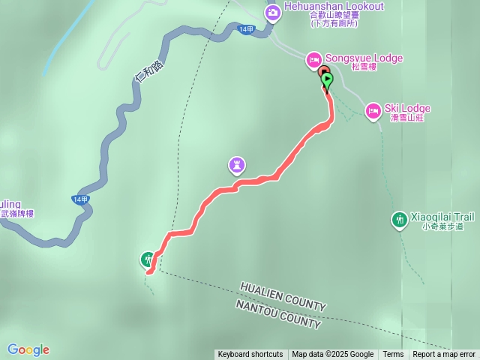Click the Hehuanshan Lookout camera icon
272,11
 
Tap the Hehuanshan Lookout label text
334,7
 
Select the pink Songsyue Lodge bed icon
313,58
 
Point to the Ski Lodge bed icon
373,112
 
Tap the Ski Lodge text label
408,109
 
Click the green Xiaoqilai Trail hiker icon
399,219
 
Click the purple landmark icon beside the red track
237,163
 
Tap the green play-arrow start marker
327,77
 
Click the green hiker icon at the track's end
148,260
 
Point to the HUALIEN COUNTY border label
283,297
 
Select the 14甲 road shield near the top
245,29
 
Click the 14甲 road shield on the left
80,199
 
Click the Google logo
28,349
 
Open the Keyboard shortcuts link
250,355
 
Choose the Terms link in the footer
393,355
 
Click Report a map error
444,355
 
